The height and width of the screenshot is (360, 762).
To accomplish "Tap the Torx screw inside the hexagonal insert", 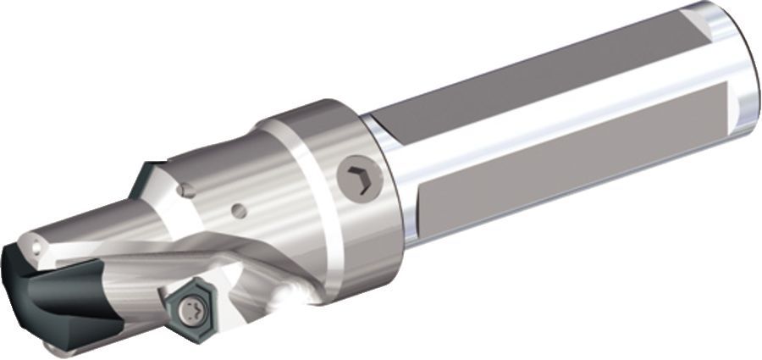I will [x=195, y=308].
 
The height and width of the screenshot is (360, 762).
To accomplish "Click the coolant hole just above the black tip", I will [x=37, y=247].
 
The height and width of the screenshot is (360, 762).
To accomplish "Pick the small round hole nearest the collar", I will [x=240, y=209].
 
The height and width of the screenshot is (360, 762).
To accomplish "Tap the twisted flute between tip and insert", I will [x=127, y=280].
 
